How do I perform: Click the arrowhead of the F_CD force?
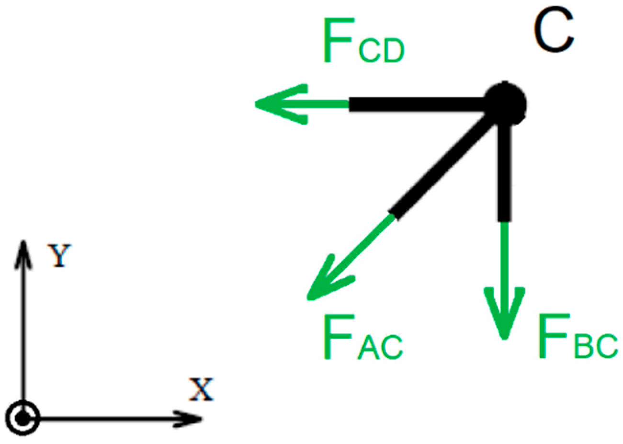point(273,104)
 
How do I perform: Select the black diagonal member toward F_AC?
point(443,165)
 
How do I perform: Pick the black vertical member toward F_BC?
point(504,172)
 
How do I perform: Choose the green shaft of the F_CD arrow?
point(326,104)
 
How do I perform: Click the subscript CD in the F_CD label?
point(381,50)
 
